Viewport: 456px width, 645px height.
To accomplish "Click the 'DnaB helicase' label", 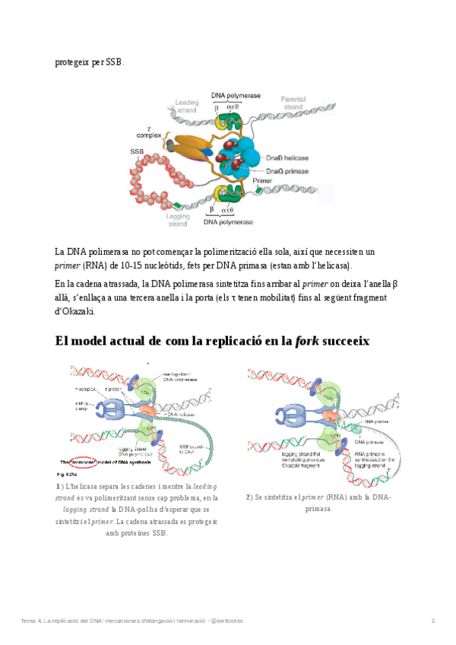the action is [x=287, y=157].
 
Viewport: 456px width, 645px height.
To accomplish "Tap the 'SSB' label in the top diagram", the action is [x=137, y=151].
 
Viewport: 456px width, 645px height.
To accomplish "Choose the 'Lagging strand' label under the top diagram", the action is [x=177, y=220].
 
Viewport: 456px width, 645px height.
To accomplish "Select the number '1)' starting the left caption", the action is [x=59, y=485].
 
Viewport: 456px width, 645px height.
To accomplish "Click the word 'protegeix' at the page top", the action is [x=72, y=62].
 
